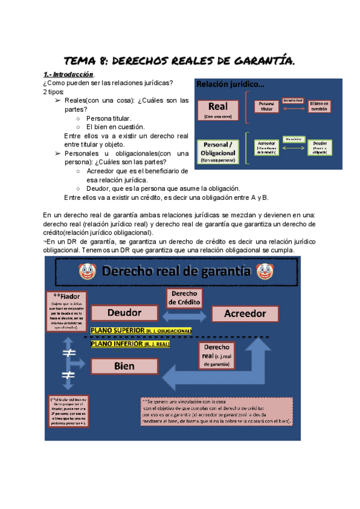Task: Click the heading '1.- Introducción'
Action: pos(70,74)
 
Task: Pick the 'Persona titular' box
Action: pos(266,107)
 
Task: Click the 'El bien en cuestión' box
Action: pos(320,107)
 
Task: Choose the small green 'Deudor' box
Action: pos(319,148)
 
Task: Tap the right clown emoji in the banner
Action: pos(265,272)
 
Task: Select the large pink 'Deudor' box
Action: pos(124,313)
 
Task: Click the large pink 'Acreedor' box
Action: pos(244,313)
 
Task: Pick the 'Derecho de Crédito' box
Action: pos(184,298)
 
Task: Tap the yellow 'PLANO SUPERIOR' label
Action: pos(140,331)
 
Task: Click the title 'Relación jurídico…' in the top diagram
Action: pos(231,85)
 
